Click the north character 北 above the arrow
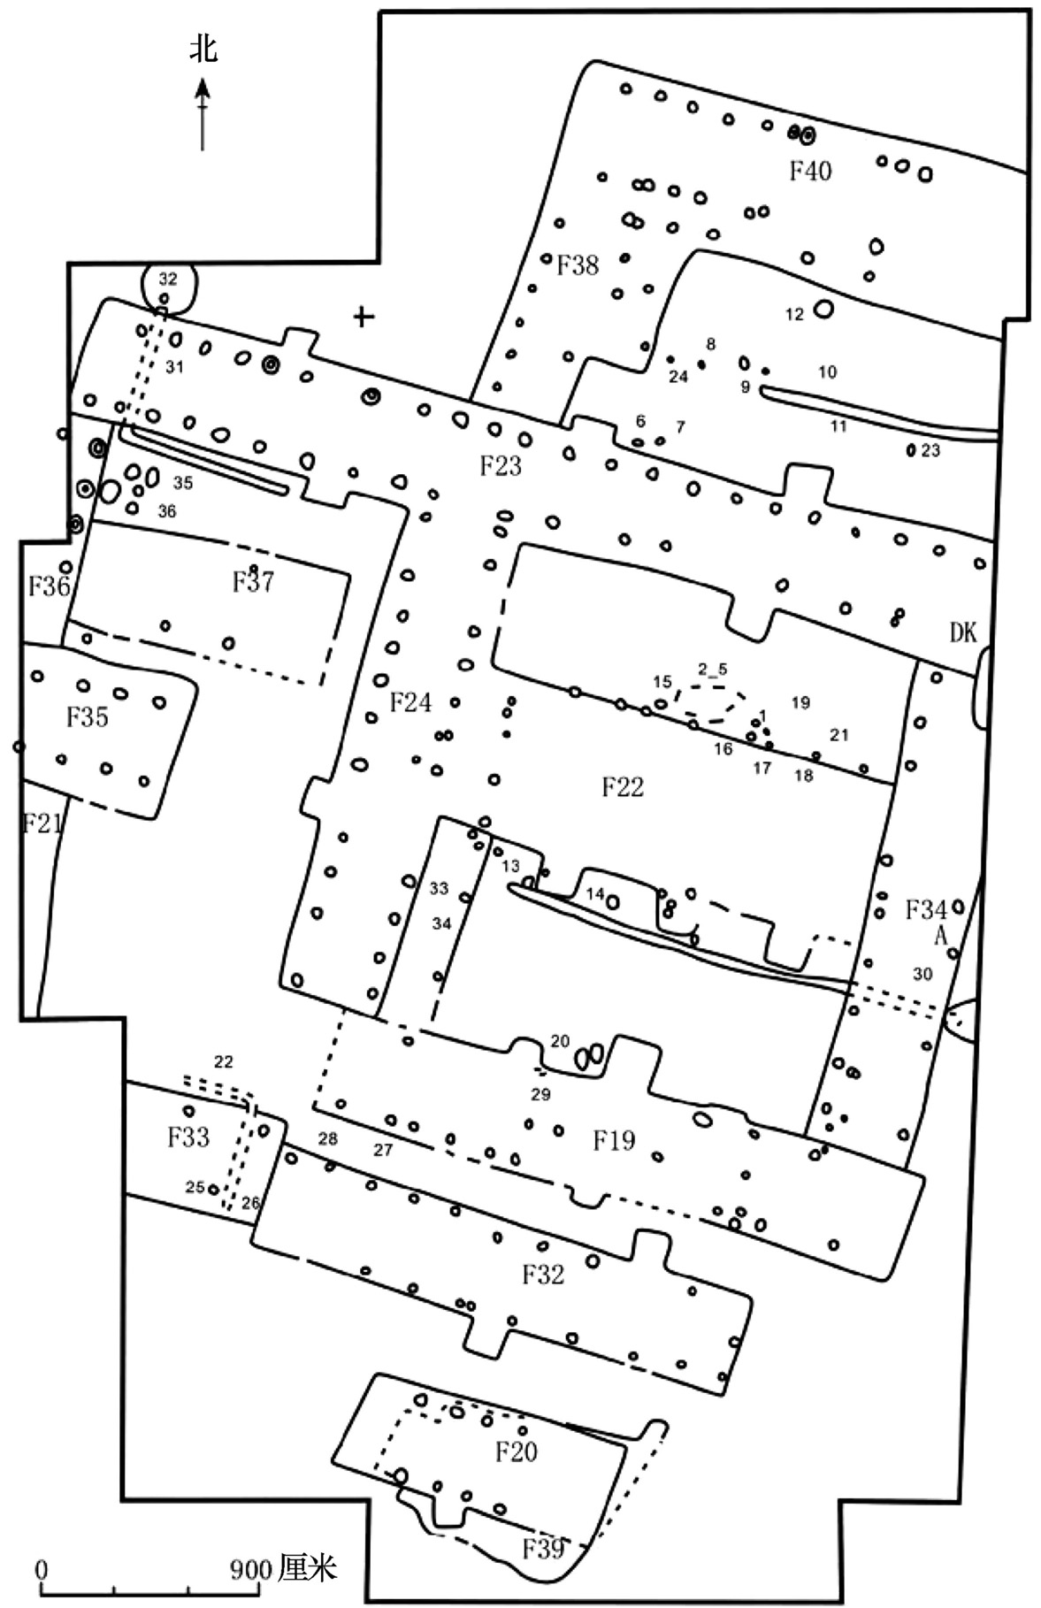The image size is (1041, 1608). pyautogui.click(x=203, y=50)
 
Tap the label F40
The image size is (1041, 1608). pyautogui.click(x=811, y=170)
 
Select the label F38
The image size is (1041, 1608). pyautogui.click(x=578, y=264)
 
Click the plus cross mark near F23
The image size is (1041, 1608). pyautogui.click(x=363, y=316)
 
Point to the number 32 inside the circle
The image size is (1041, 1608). pyautogui.click(x=168, y=279)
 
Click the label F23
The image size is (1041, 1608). pyautogui.click(x=501, y=465)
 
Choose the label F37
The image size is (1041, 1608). pyautogui.click(x=253, y=582)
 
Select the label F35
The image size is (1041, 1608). pyautogui.click(x=88, y=716)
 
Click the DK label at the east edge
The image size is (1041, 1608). pyautogui.click(x=963, y=632)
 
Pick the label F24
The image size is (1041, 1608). pyautogui.click(x=411, y=702)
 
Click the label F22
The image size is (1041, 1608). pyautogui.click(x=623, y=786)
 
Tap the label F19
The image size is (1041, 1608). pyautogui.click(x=614, y=1140)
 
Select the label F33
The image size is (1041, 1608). pyautogui.click(x=188, y=1137)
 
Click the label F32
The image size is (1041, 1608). pyautogui.click(x=543, y=1275)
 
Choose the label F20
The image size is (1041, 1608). pyautogui.click(x=517, y=1452)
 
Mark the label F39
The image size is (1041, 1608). pyautogui.click(x=543, y=1550)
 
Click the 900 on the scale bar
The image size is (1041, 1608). pyautogui.click(x=250, y=1570)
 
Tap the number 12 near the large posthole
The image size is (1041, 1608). pyautogui.click(x=794, y=314)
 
